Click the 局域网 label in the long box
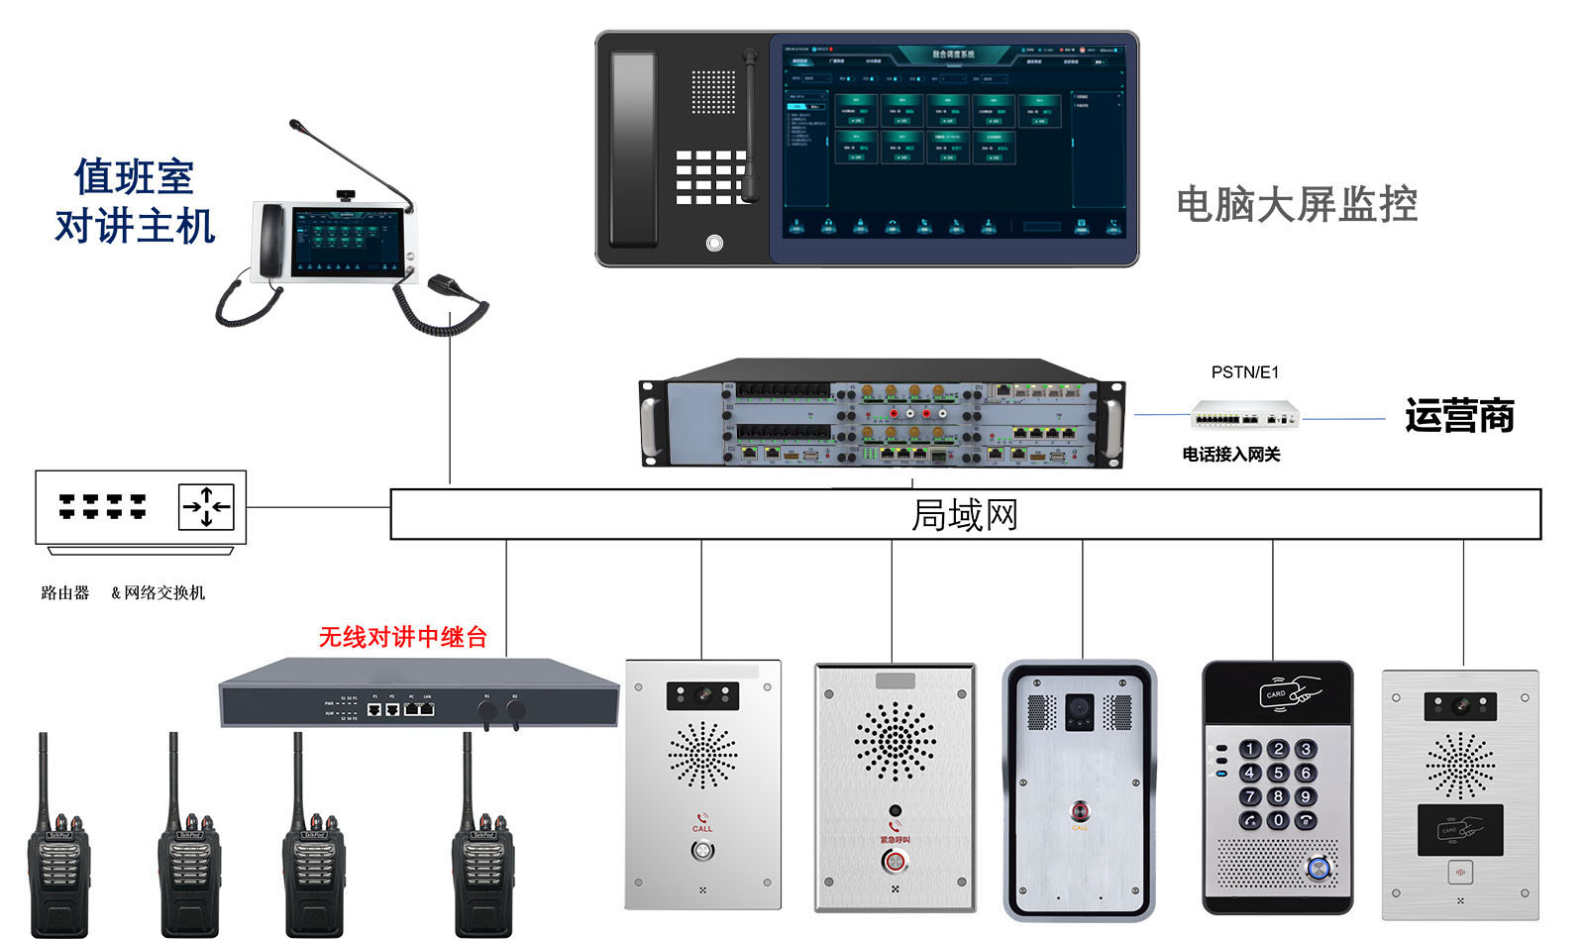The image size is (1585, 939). click(x=964, y=515)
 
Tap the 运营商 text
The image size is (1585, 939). click(x=1459, y=416)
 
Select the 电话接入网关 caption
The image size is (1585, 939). click(x=1230, y=455)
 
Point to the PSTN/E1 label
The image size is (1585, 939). click(x=1244, y=372)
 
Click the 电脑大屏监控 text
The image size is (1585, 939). click(x=1296, y=204)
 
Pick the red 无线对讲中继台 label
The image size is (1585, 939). click(x=402, y=637)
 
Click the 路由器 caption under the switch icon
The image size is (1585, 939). click(x=65, y=592)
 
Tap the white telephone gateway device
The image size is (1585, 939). click(x=1244, y=414)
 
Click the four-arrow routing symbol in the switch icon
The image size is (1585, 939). click(x=206, y=507)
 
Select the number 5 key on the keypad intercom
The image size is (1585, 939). click(x=1278, y=772)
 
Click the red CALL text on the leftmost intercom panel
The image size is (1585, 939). click(x=702, y=828)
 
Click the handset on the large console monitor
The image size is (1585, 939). click(x=633, y=149)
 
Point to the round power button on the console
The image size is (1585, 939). click(x=714, y=243)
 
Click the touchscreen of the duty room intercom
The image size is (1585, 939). click(x=347, y=242)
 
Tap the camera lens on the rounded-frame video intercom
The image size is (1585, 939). click(x=1079, y=708)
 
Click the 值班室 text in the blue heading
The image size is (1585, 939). click(x=134, y=178)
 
